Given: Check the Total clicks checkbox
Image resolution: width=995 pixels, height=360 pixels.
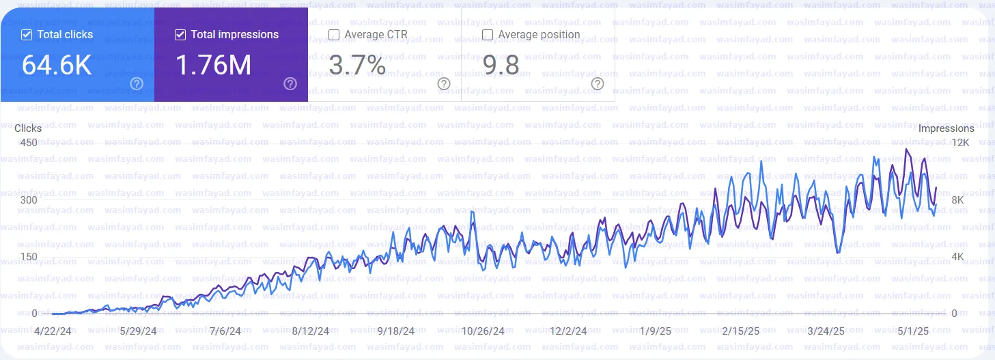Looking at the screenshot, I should click(27, 35).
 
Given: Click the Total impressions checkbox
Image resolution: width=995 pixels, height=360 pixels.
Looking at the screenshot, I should click(181, 35).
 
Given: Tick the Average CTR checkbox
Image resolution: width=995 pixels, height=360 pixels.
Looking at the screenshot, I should click(335, 35).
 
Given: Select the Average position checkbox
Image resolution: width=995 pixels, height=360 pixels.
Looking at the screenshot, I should click(488, 35).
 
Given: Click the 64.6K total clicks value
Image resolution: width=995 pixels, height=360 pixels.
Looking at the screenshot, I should click(57, 65).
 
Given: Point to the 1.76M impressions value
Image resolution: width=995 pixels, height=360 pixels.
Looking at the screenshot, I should click(214, 65).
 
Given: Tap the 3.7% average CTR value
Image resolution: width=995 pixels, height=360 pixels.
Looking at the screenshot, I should click(357, 65).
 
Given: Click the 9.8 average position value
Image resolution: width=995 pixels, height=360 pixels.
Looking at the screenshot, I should click(501, 65).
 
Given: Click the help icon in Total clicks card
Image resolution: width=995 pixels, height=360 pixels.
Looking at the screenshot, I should click(137, 84).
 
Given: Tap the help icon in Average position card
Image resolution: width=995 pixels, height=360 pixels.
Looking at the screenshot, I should click(598, 84).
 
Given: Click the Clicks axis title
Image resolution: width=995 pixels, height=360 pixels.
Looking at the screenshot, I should click(28, 128).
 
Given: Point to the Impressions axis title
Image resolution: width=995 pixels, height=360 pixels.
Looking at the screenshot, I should click(947, 128).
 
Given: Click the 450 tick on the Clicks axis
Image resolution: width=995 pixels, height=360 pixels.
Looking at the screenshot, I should click(29, 143).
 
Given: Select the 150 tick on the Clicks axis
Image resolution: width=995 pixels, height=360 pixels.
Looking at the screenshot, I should click(29, 257).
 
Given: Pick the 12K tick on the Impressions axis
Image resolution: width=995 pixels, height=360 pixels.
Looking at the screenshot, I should click(961, 143).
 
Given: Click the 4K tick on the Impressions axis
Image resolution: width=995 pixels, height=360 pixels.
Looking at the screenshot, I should click(957, 257).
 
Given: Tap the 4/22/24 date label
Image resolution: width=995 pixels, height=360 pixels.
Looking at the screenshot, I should click(53, 331).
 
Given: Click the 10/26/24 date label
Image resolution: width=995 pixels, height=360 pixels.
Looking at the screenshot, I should click(483, 331).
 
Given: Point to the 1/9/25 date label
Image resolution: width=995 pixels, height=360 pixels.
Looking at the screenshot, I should click(655, 331).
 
